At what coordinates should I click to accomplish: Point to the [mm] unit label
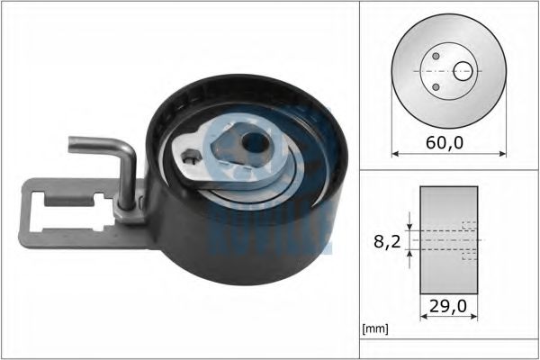[x=374, y=329]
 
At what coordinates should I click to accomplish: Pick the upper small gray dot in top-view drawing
[x=436, y=56]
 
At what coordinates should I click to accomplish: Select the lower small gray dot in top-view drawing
[x=436, y=87]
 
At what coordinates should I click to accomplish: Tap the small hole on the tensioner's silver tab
[x=190, y=163]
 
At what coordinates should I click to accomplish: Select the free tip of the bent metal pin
[x=71, y=141]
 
